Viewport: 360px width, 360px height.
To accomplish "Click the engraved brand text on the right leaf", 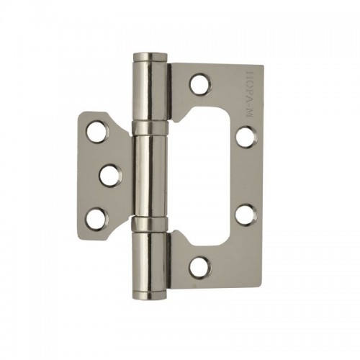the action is click(250, 94).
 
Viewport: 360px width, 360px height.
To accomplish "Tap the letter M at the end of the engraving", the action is click(250, 113).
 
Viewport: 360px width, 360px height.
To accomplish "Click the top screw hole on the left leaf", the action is click(97, 132).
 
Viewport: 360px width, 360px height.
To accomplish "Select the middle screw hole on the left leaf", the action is click(111, 176).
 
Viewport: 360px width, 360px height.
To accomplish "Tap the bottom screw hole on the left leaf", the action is click(97, 219).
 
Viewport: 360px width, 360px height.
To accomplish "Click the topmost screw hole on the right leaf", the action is click(200, 84).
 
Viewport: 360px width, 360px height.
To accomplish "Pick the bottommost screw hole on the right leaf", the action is click(200, 267).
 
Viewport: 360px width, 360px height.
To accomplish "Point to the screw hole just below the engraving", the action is click(247, 137).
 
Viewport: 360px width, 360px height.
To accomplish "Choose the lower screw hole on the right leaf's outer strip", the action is click(246, 215).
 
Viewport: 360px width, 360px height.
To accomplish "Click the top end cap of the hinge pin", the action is click(150, 57).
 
